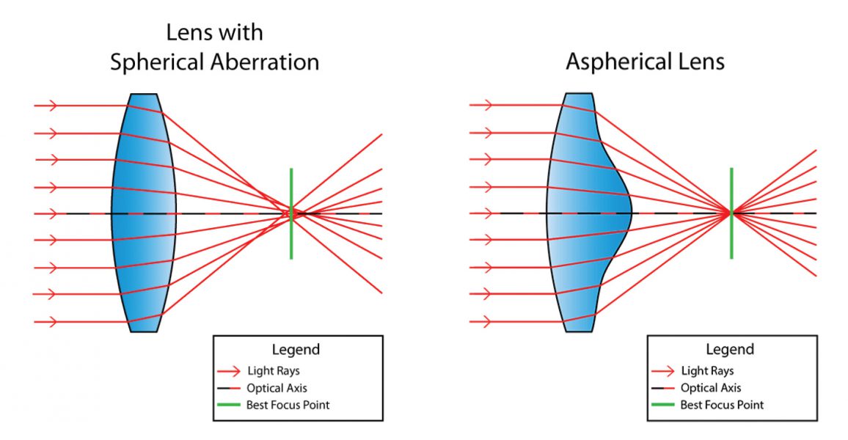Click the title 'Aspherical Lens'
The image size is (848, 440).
pos(645,62)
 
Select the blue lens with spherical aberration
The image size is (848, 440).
pos(144,213)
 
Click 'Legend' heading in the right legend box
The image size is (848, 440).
pos(730,350)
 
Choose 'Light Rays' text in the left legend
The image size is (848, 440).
pos(273,371)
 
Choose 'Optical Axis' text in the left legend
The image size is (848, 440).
pos(277,388)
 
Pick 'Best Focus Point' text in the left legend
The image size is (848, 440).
pos(288,405)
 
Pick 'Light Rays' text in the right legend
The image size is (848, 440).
pos(707,371)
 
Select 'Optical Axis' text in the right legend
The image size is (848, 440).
pos(711,388)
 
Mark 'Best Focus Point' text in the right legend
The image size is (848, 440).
pos(722,405)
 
